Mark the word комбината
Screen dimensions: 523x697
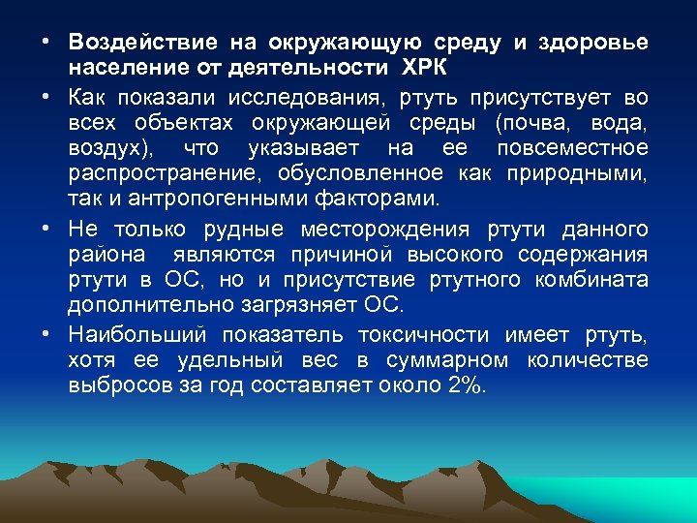tap(594, 281)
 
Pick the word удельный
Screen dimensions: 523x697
tap(229, 360)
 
